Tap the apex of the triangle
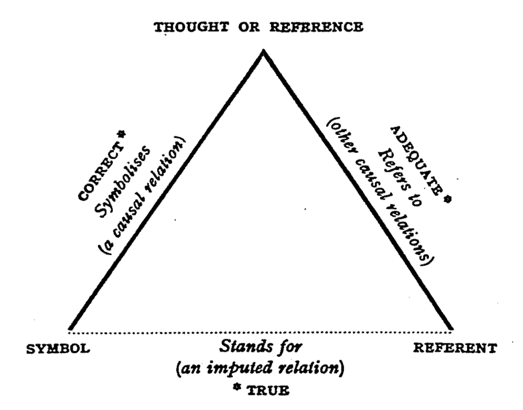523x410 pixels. point(264,51)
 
